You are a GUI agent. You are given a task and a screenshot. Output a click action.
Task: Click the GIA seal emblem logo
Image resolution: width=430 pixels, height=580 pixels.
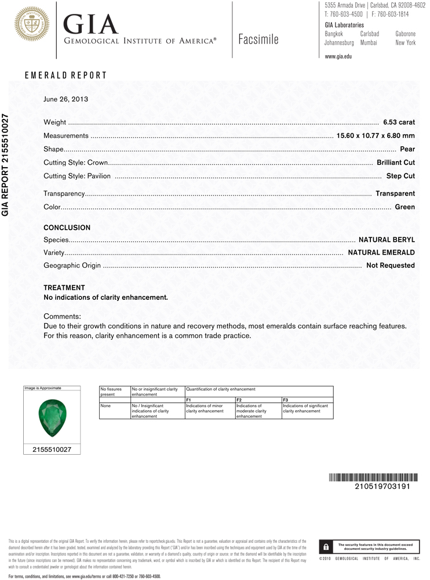32,24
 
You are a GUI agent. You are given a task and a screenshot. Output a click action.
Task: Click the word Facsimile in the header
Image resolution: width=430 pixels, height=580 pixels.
258,39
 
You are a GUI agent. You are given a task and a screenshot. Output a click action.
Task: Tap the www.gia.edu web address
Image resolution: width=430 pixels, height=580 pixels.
338,56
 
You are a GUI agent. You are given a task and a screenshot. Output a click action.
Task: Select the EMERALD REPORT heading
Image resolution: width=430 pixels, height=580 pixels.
65,75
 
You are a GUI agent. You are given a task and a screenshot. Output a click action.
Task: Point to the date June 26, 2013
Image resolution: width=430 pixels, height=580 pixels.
65,99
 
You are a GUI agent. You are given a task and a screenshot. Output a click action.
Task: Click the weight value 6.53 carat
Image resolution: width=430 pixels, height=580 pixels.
399,122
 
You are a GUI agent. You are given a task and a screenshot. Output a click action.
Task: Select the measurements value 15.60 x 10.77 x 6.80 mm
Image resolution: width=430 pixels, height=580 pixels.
376,136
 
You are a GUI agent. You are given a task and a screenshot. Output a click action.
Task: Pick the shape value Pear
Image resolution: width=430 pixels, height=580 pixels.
407,149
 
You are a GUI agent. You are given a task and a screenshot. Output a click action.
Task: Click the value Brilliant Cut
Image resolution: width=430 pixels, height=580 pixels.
396,162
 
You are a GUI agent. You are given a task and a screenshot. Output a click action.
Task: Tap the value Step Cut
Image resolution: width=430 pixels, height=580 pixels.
400,176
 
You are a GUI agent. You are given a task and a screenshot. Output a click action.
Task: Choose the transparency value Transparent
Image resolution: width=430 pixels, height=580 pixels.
395,194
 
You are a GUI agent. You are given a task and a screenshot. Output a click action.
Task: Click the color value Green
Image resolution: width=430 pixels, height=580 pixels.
405,207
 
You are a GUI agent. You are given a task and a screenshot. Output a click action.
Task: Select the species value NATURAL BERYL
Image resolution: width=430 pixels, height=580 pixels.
387,240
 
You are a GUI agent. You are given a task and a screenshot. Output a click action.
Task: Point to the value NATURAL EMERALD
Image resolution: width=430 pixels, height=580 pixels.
381,253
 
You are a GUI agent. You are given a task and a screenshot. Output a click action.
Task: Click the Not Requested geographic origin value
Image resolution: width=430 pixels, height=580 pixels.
391,266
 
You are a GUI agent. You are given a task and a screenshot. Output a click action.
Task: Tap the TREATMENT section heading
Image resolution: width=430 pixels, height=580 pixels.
64,288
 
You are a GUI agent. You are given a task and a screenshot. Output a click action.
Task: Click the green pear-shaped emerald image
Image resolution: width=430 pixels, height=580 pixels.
52,416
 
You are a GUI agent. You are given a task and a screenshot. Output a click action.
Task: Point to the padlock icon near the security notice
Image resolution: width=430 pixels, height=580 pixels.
327,547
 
